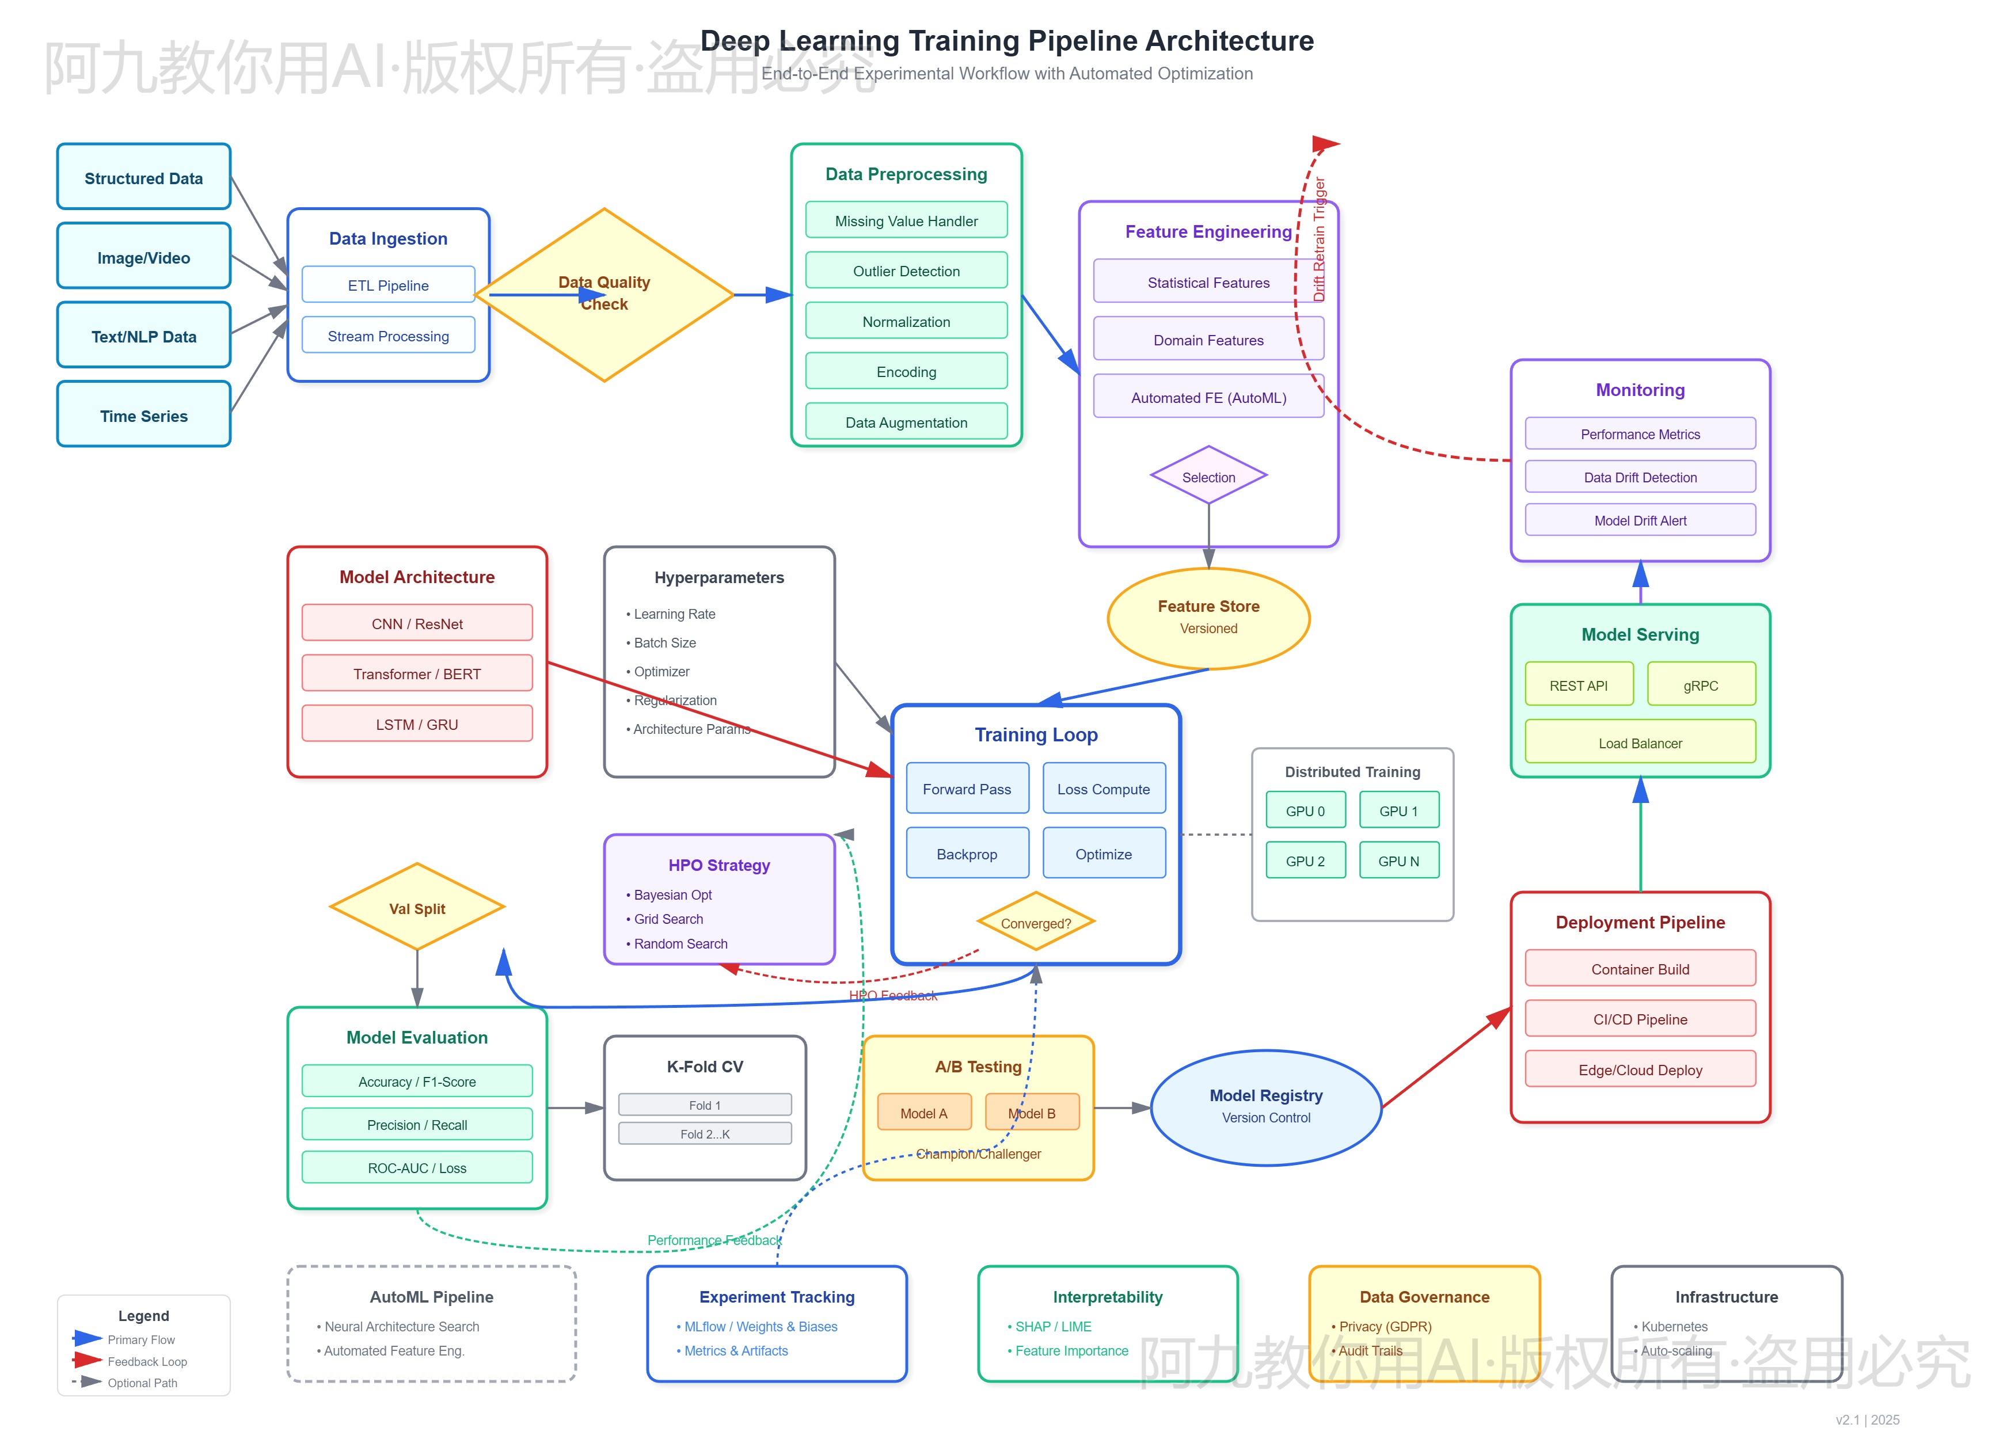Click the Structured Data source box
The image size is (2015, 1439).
[x=143, y=177]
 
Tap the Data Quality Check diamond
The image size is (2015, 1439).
[x=604, y=294]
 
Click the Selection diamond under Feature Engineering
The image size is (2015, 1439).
[x=1208, y=477]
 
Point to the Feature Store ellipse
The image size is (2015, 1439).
[x=1208, y=618]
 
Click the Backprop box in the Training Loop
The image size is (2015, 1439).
[x=967, y=853]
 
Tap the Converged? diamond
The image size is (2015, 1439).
[x=1035, y=923]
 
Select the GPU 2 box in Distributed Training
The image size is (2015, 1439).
[x=1305, y=861]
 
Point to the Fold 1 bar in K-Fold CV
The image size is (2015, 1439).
[x=705, y=1105]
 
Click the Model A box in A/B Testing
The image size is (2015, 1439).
[x=923, y=1113]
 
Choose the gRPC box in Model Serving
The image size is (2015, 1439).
[x=1701, y=685]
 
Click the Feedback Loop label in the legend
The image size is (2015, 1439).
[x=147, y=1361]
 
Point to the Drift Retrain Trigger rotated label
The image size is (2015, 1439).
[x=1320, y=239]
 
